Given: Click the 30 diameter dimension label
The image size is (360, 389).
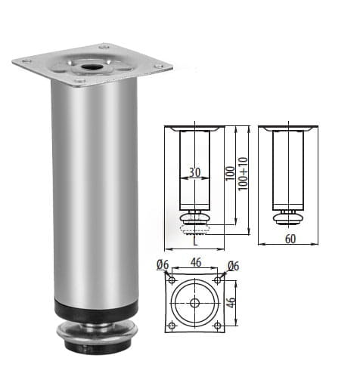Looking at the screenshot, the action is (x=194, y=172).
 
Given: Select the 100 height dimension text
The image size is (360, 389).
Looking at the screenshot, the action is (x=230, y=173).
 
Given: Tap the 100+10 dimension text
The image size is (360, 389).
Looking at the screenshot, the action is (x=244, y=174).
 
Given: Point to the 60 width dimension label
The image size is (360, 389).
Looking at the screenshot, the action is (x=290, y=239).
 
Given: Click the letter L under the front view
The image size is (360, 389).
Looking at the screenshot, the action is (x=195, y=241).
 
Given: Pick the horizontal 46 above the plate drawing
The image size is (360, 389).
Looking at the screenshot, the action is (x=196, y=262).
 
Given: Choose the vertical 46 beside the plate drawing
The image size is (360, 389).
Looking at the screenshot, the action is (x=231, y=302).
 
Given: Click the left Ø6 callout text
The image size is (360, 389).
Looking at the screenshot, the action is (x=163, y=264).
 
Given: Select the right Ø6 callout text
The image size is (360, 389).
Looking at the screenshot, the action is (x=233, y=266).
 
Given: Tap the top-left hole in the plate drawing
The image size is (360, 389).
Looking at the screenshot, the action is (x=172, y=280).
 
